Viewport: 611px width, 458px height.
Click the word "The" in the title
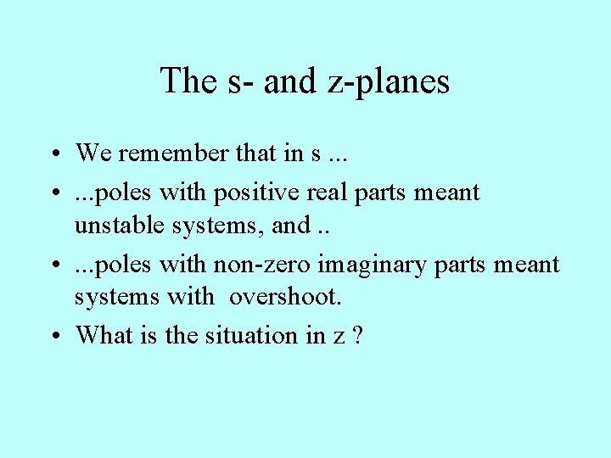[x=188, y=81]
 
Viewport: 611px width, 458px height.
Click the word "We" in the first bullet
[x=93, y=154]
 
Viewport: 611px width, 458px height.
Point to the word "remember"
[x=159, y=154]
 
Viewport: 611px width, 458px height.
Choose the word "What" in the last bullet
[x=99, y=335]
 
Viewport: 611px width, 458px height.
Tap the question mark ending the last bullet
[x=357, y=335]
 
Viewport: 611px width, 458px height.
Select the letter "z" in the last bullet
[x=339, y=337]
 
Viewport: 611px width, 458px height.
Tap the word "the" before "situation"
[x=182, y=335]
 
